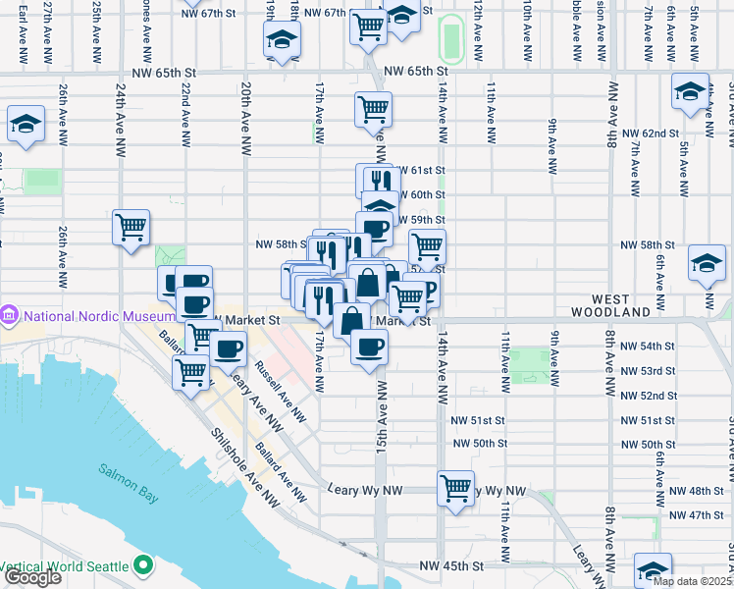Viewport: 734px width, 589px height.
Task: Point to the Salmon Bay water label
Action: [129, 470]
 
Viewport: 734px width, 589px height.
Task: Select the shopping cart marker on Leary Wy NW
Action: [455, 487]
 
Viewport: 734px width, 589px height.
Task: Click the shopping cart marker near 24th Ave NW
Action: [131, 228]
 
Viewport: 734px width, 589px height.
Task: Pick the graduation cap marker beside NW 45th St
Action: [654, 570]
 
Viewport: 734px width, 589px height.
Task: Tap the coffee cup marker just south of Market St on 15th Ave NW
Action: [369, 347]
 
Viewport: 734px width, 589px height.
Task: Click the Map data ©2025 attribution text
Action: [692, 581]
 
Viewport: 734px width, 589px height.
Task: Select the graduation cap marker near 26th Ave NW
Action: [25, 125]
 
